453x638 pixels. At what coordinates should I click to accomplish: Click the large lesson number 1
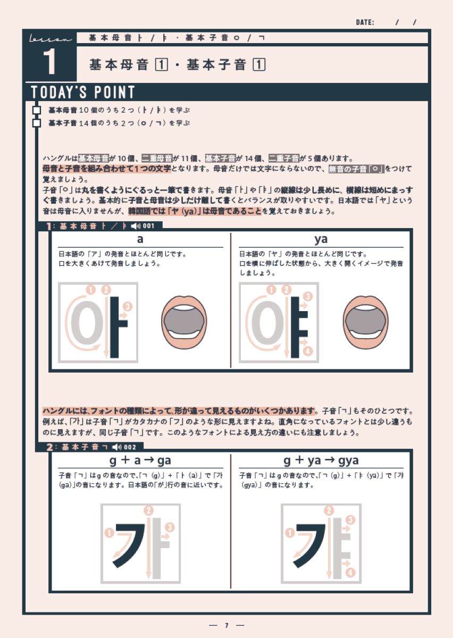pyautogui.click(x=49, y=61)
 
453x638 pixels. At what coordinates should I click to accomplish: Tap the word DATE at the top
pyautogui.click(x=365, y=22)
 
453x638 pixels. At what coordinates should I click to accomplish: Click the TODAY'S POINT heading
pyautogui.click(x=82, y=92)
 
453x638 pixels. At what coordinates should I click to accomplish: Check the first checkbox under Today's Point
pyautogui.click(x=37, y=110)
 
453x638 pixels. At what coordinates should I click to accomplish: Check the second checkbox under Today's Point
pyautogui.click(x=37, y=123)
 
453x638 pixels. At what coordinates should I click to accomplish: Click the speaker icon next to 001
pyautogui.click(x=136, y=226)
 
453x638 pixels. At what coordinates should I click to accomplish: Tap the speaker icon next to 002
pyautogui.click(x=117, y=447)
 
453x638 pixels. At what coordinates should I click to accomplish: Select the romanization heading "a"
pyautogui.click(x=140, y=239)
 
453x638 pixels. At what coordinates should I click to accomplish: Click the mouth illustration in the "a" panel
pyautogui.click(x=184, y=322)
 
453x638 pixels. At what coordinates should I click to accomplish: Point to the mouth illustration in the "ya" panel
pyautogui.click(x=365, y=322)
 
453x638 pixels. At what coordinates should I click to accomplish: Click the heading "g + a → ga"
pyautogui.click(x=140, y=461)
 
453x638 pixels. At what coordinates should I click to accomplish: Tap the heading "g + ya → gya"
pyautogui.click(x=321, y=461)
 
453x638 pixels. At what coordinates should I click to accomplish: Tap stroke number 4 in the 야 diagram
pyautogui.click(x=308, y=351)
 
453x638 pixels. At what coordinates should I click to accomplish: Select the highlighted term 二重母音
pyautogui.click(x=157, y=158)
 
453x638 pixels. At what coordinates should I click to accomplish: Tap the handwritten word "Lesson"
pyautogui.click(x=51, y=39)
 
